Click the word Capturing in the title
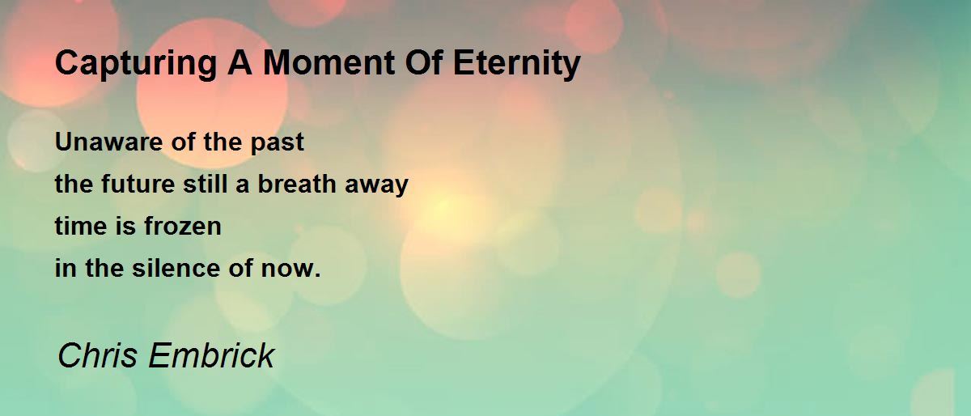point(136,64)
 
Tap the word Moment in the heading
point(329,63)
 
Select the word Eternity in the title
point(517,65)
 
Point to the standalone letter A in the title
point(240,63)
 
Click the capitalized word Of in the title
point(424,63)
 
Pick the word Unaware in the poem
point(108,142)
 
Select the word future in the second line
point(138,184)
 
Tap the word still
point(205,184)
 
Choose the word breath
point(297,184)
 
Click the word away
point(376,185)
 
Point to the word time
point(81,226)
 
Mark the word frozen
point(183,226)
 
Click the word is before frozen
point(125,226)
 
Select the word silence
point(176,268)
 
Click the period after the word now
point(318,275)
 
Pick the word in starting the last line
point(66,268)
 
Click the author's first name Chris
point(97,355)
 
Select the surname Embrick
point(211,355)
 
